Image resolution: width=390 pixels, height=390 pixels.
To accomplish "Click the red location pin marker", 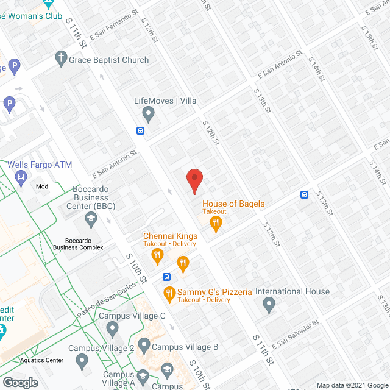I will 194,181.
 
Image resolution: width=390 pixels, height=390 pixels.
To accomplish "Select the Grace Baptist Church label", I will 108,60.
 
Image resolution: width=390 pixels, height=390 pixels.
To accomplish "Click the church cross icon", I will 60,59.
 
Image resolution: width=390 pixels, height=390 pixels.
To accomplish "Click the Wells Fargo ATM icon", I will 21,177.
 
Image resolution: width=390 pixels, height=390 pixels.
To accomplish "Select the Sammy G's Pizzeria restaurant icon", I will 170,295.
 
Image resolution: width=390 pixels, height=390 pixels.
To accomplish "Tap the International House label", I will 292,292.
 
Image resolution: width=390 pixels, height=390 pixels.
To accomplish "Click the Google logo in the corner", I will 20,382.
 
